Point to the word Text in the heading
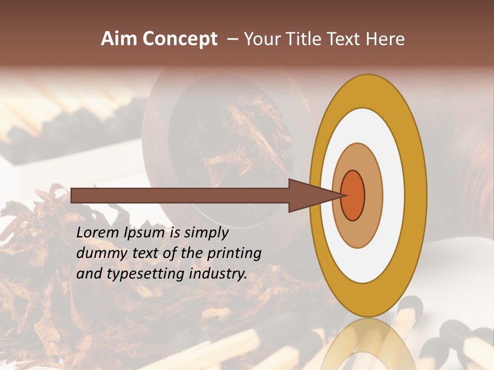pos(345,39)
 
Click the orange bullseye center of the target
pos(353,195)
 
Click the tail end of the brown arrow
pos(73,195)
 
